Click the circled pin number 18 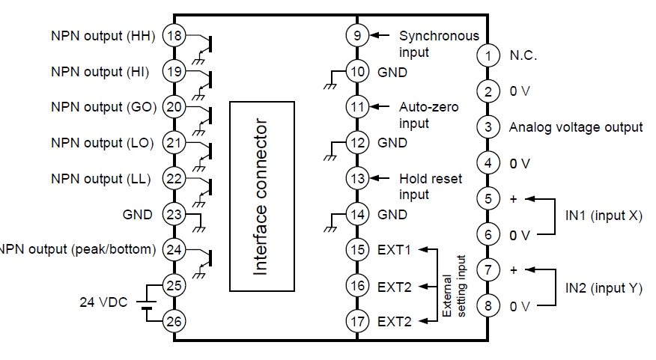[174, 36]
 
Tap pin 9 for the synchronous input [356, 35]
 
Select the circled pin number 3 [488, 127]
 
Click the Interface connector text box [262, 196]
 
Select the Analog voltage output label [575, 127]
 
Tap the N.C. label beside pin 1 [523, 55]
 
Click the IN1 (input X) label [603, 216]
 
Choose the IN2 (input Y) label [603, 288]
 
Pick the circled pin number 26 [174, 321]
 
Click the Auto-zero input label [428, 115]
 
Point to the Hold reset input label [430, 187]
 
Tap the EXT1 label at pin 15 [395, 249]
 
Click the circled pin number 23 [174, 215]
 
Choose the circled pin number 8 [488, 305]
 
